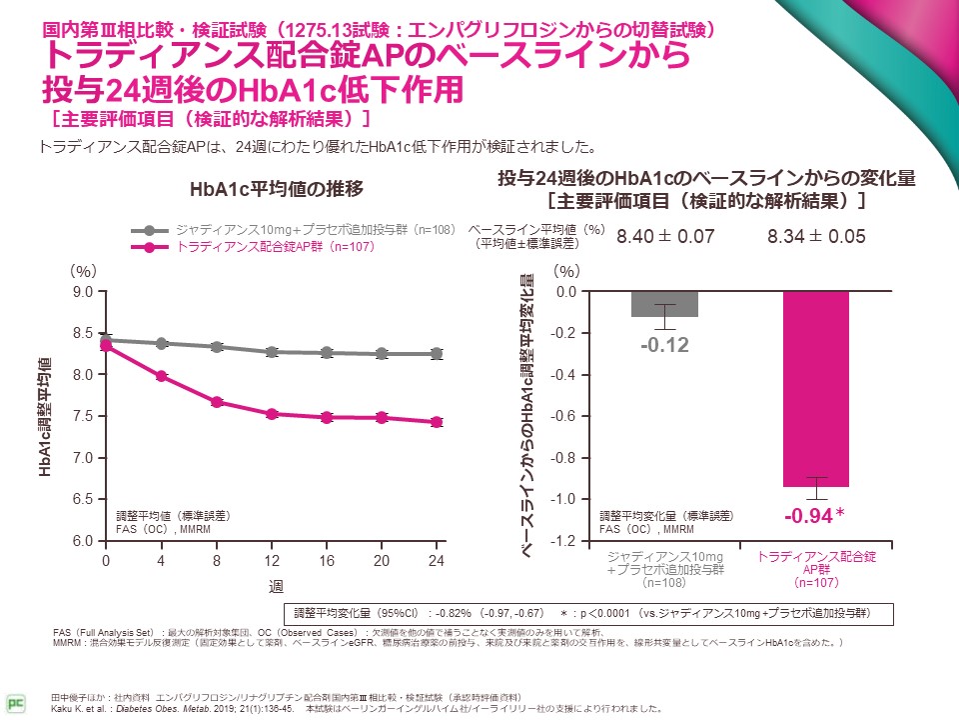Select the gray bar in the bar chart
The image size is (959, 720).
tap(664, 304)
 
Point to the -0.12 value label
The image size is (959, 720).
tap(664, 345)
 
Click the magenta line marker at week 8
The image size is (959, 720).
tap(217, 402)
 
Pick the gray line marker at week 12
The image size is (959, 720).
tap(272, 352)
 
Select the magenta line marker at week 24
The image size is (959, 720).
tap(437, 422)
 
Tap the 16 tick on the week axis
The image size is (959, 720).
tap(327, 560)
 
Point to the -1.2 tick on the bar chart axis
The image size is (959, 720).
tap(564, 541)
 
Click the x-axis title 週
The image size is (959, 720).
tap(272, 583)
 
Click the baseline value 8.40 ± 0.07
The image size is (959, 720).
tap(664, 237)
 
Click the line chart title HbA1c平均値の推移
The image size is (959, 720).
tap(276, 189)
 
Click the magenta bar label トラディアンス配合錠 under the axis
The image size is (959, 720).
tap(815, 556)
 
